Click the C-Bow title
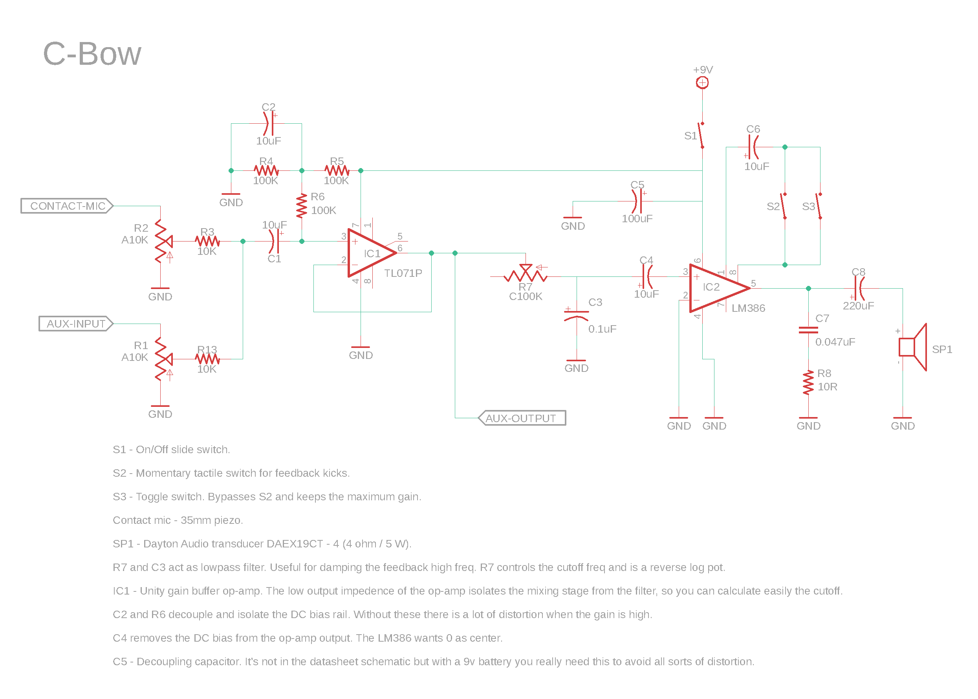pos(92,54)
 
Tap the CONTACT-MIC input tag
pos(67,206)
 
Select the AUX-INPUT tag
pos(76,323)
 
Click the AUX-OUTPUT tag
pos(521,418)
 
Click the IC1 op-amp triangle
pos(371,253)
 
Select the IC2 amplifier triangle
pos(718,288)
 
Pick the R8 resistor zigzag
pos(808,382)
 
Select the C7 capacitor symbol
pos(808,330)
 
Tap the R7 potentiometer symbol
pos(525,274)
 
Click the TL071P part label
pos(403,273)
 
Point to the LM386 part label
pos(748,308)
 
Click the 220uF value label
pos(858,306)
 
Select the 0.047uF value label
pos(835,342)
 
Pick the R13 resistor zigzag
pos(207,359)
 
